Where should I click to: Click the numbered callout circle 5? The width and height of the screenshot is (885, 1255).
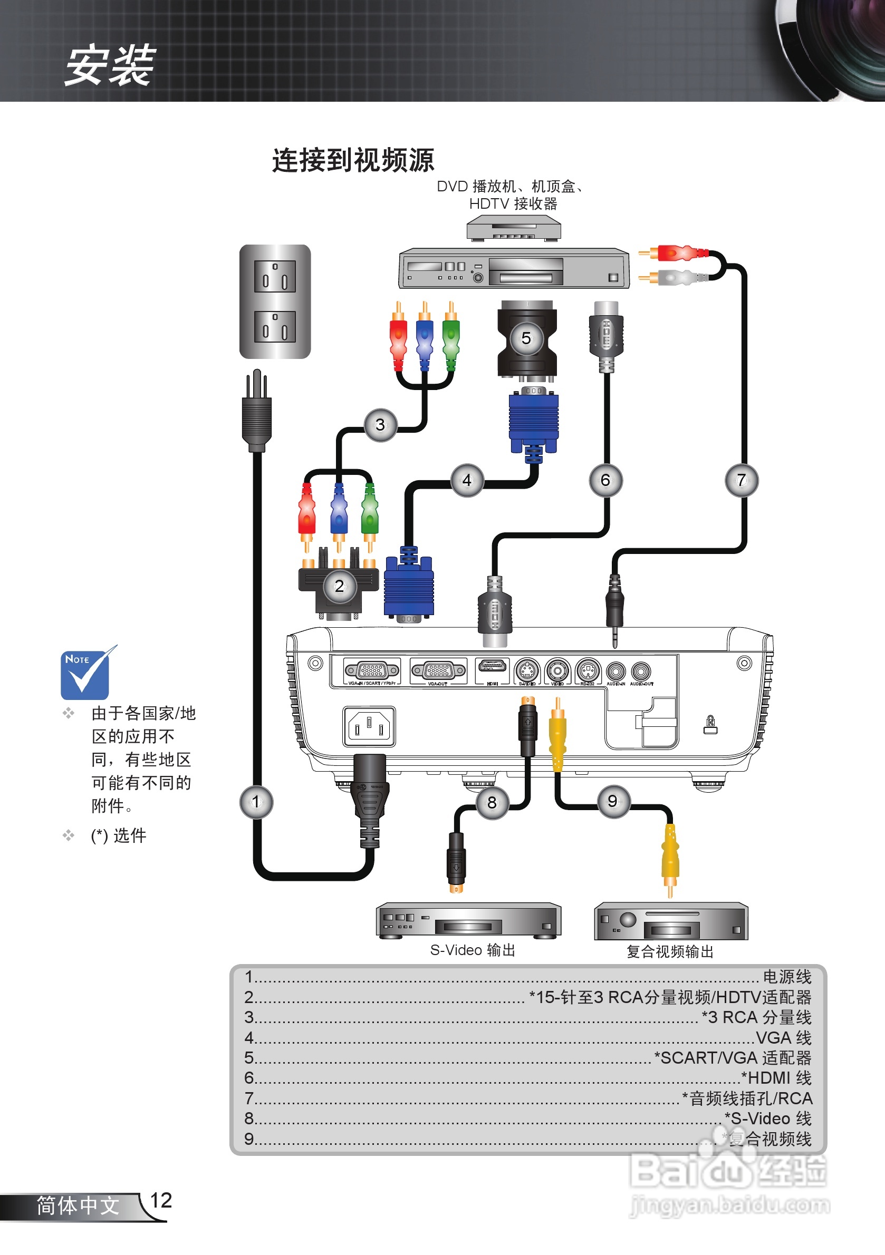526,338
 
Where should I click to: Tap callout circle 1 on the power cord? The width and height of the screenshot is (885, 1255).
256,802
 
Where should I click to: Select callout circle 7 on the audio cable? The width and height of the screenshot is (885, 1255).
741,480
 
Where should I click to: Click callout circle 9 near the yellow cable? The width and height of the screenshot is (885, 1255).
613,801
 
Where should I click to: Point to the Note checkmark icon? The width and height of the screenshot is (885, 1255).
86,674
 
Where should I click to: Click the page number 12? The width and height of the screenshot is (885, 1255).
161,1200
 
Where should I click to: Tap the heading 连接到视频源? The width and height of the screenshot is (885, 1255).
353,160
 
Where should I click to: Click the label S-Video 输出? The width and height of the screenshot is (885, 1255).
472,950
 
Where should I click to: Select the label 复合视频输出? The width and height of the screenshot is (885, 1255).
669,951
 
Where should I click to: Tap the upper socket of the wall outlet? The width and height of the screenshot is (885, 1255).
275,276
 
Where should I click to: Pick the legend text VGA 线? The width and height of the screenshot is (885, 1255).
783,1037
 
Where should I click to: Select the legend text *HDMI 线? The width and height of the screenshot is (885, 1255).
776,1078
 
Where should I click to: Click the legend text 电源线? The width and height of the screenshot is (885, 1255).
786,977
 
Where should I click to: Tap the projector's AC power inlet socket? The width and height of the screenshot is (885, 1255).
369,726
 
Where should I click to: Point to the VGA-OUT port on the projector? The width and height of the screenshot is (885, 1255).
438,670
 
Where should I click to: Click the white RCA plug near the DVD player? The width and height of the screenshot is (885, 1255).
678,277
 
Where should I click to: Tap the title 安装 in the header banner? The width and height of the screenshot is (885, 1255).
110,65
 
